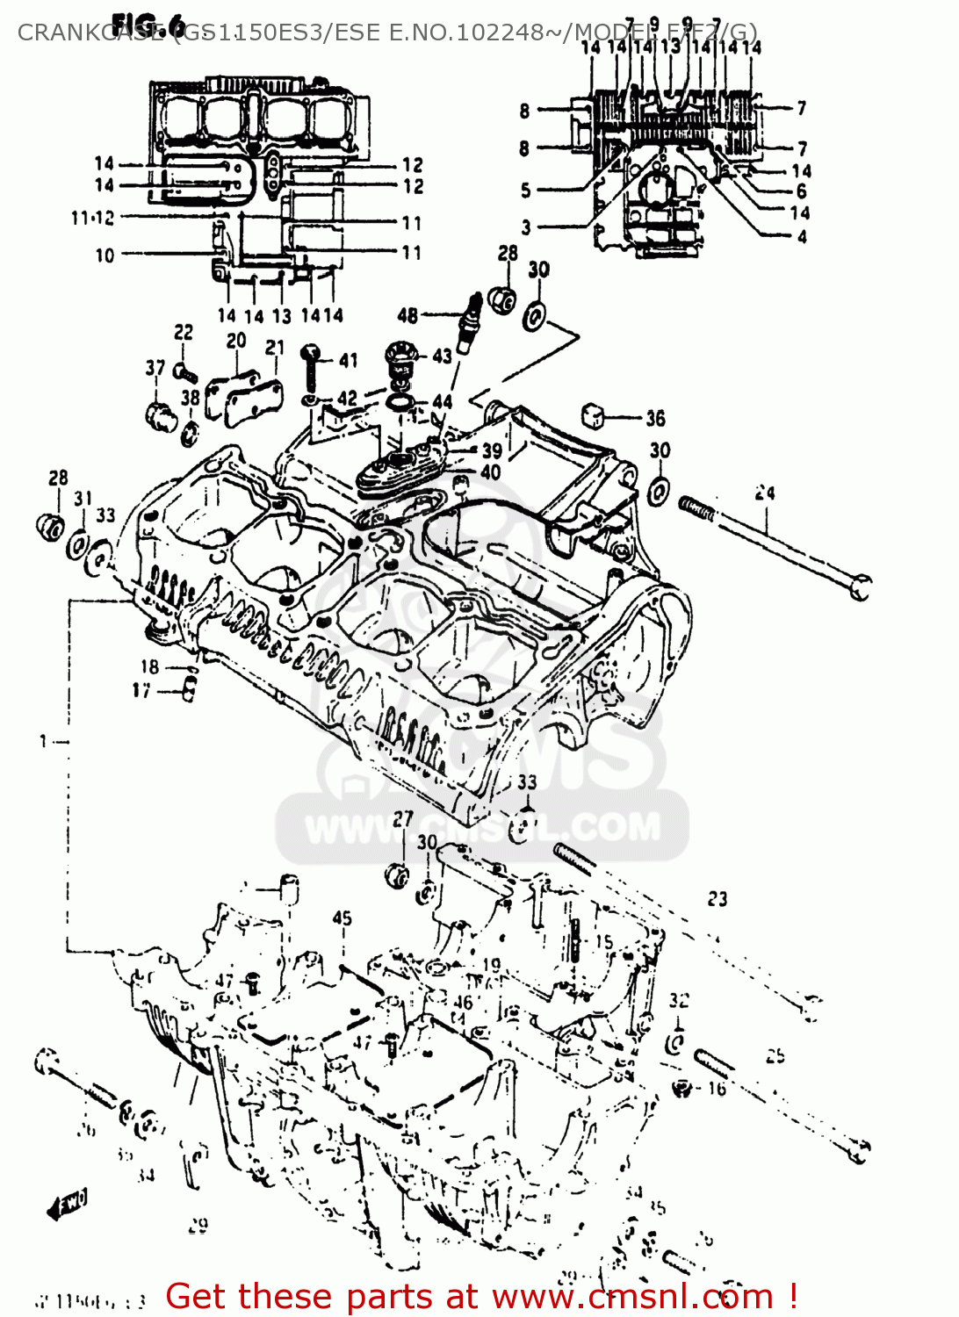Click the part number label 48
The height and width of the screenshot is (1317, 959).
tap(407, 315)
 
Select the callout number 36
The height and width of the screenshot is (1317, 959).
tap(655, 419)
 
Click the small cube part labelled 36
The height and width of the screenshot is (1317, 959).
tap(595, 414)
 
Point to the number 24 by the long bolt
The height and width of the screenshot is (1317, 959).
tap(765, 493)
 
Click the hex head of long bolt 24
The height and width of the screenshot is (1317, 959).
tap(860, 587)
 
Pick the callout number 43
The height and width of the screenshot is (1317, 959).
tap(442, 356)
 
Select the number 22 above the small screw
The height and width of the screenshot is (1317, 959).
tap(183, 332)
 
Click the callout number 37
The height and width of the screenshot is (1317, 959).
tap(155, 368)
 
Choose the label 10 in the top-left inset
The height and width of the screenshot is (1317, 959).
tap(105, 255)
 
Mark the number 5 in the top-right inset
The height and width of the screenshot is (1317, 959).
tap(525, 190)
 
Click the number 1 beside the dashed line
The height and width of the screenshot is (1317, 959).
tap(43, 742)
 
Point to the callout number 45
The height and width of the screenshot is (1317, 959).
tap(342, 918)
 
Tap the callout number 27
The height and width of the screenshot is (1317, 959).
tap(403, 818)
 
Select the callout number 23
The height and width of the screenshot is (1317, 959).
tap(717, 898)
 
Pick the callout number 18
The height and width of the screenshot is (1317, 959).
tap(149, 667)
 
